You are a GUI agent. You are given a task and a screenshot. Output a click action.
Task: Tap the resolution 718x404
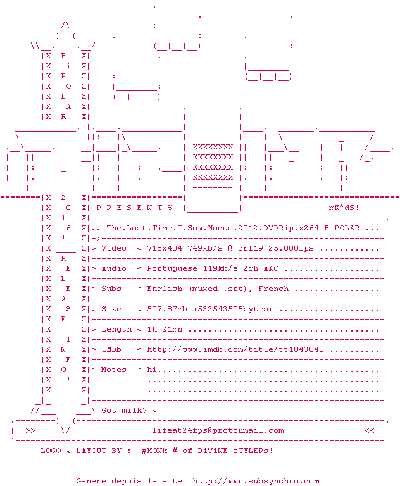165,248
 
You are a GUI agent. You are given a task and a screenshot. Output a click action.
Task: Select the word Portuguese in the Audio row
172,269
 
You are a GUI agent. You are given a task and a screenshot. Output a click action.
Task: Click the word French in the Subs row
273,289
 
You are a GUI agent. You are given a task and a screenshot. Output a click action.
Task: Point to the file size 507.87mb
167,309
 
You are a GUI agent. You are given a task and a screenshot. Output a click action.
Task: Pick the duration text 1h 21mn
165,329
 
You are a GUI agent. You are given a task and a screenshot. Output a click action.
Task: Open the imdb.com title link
235,349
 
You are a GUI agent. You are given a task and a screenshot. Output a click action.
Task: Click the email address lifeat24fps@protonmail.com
218,431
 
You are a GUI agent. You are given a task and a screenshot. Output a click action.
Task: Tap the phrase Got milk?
123,410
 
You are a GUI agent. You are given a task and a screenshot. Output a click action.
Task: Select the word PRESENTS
134,208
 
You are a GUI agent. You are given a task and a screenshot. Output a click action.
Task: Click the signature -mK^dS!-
344,208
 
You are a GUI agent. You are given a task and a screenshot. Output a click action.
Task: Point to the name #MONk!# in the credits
159,451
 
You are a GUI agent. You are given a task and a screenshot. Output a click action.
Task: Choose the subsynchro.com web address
256,481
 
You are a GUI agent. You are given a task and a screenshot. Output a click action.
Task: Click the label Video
114,248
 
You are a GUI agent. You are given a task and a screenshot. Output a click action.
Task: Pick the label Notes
114,370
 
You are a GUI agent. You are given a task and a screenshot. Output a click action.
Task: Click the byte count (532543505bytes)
233,309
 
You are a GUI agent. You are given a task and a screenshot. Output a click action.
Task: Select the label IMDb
111,349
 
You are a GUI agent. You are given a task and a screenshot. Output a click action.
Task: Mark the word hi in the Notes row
152,370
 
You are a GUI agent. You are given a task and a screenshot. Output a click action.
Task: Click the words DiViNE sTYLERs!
235,451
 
